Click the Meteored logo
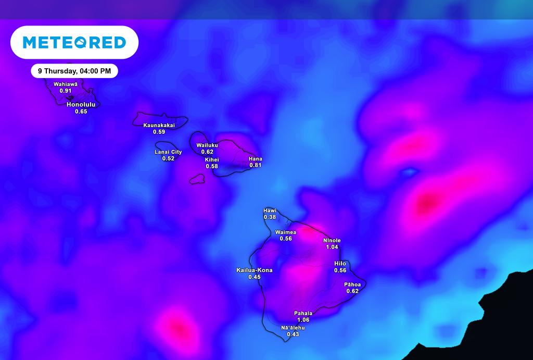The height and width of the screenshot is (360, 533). [x=74, y=42]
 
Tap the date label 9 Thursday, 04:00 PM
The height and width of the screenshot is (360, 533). [x=74, y=71]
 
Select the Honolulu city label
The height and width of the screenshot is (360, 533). [x=81, y=104]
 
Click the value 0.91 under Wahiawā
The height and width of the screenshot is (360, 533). [x=66, y=91]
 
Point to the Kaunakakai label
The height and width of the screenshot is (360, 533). [x=159, y=125]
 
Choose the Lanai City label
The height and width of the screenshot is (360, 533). [x=168, y=152]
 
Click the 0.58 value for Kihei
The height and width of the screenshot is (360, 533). [x=212, y=166]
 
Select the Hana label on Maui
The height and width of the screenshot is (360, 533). [x=255, y=159]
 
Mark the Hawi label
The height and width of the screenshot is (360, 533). [x=270, y=210]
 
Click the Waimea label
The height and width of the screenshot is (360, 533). [x=286, y=232]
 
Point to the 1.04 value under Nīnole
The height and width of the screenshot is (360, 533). [x=332, y=247]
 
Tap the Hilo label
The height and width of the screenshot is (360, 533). [x=340, y=264]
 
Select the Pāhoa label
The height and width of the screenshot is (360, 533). [x=352, y=284]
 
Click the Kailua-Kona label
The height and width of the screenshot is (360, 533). [x=255, y=270]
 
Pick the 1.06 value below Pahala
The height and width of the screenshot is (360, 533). [x=303, y=320]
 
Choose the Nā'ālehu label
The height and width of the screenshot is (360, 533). [x=293, y=328]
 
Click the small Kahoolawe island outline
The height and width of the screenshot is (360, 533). [x=197, y=179]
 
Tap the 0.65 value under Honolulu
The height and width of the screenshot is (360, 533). [x=81, y=111]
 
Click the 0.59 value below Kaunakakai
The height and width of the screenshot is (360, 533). [x=159, y=132]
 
